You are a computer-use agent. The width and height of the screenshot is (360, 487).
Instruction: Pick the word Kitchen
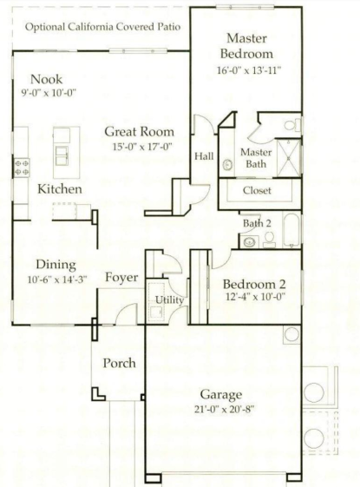[60, 188]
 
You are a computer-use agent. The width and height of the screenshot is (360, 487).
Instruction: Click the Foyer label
[121, 277]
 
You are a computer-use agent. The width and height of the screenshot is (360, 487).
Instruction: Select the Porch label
[119, 363]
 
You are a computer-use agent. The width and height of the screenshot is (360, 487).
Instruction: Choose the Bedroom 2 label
[255, 285]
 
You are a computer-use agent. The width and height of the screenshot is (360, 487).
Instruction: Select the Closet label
[257, 190]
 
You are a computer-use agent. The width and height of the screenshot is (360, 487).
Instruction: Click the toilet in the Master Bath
[291, 125]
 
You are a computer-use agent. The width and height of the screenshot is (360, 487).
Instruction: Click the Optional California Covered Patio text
[103, 26]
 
